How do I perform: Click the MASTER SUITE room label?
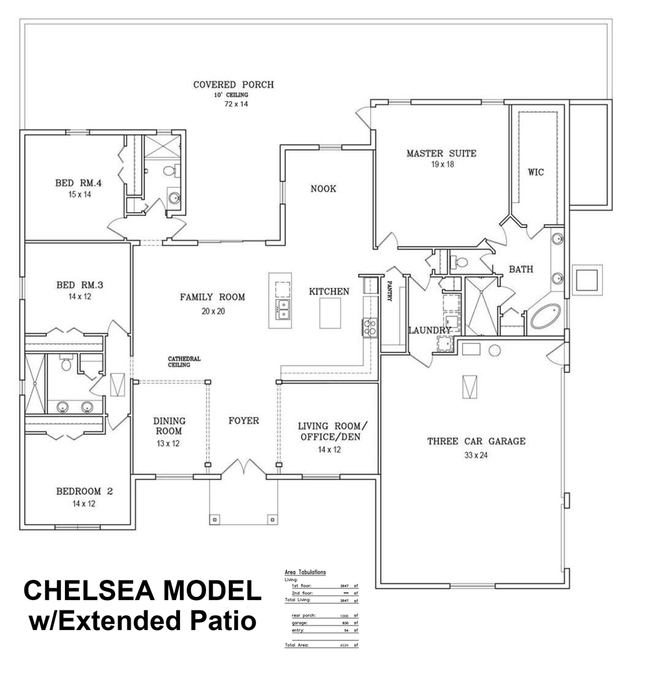pos(441,154)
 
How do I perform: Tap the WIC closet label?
pos(536,172)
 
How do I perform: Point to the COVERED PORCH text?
pos(233,85)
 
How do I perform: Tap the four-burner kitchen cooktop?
pos(369,327)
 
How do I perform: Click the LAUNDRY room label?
pos(429,330)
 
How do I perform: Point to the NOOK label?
pos(323,189)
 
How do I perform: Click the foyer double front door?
pos(242,468)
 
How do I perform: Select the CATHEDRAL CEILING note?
pos(184,362)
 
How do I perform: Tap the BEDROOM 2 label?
pos(84,492)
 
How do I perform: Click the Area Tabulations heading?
pos(305,572)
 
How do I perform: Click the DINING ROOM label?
pos(169,426)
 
